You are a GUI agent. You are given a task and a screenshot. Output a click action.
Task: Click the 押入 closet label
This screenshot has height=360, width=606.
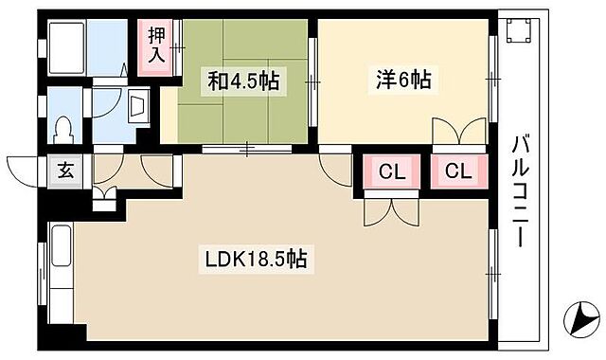tap(156, 45)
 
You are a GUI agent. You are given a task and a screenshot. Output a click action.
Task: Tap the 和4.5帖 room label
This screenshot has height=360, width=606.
tap(243, 81)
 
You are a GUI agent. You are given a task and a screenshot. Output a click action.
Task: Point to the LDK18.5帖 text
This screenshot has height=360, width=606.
tap(255, 258)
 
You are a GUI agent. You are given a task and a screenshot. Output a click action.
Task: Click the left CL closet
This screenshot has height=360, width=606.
tap(388, 172)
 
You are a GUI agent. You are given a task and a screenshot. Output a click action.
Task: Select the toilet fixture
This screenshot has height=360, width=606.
tap(64, 126)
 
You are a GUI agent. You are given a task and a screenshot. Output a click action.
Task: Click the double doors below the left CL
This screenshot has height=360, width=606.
tap(388, 210)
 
